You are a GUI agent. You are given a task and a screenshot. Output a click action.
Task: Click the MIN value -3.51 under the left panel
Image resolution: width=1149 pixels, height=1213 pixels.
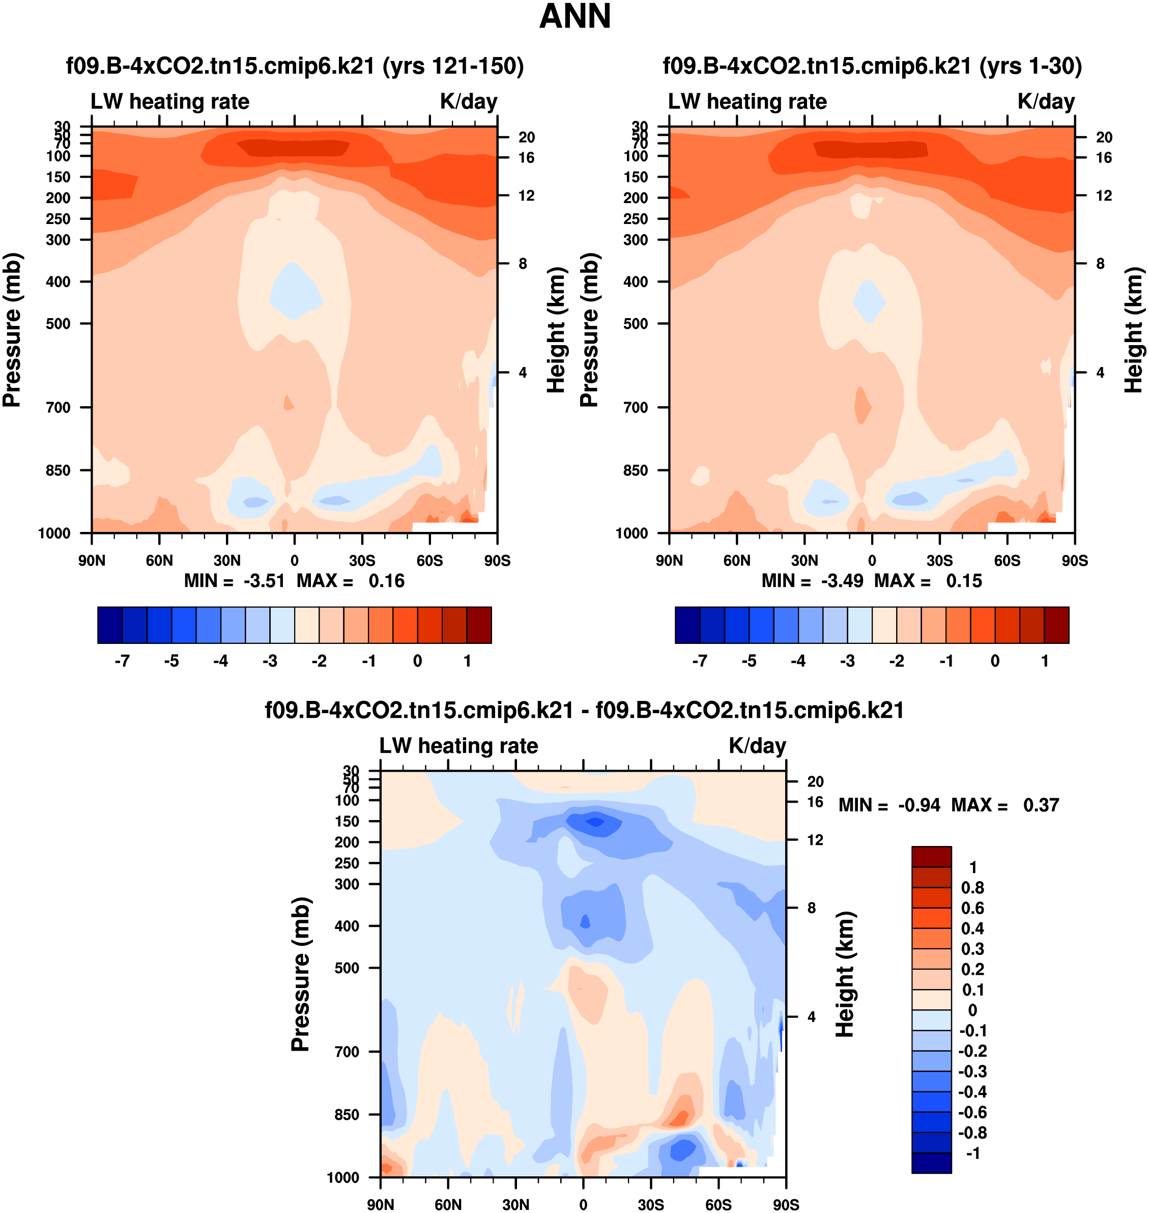tap(264, 581)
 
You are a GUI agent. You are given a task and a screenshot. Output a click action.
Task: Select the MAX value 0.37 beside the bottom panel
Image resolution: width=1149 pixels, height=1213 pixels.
tap(1041, 805)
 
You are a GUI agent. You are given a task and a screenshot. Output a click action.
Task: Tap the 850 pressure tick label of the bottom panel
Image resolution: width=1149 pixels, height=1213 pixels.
tap(347, 1114)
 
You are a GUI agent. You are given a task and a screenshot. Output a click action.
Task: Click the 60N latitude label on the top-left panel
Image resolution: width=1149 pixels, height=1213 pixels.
tap(159, 560)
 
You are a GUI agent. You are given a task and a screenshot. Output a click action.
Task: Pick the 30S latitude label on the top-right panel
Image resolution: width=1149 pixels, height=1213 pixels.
tap(939, 560)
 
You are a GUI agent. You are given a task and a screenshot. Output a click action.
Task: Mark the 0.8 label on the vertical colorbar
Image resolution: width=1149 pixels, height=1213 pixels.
tap(972, 888)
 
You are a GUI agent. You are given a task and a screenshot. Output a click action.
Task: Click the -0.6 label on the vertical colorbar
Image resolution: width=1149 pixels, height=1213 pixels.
tap(972, 1112)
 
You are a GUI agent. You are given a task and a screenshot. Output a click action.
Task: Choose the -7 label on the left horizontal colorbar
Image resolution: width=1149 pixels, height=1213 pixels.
tap(122, 661)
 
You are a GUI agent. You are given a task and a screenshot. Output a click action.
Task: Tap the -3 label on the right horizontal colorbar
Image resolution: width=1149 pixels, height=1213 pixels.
tap(847, 661)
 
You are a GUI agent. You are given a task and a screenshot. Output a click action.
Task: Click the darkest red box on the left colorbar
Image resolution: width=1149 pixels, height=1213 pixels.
tap(479, 625)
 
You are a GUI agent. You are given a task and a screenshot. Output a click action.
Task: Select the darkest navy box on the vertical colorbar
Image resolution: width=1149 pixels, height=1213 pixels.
tap(931, 1162)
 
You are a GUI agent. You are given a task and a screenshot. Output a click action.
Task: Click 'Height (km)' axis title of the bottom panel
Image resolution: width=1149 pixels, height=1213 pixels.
tap(845, 974)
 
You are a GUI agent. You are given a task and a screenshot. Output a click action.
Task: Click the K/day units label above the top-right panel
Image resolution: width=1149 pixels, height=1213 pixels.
tap(1046, 102)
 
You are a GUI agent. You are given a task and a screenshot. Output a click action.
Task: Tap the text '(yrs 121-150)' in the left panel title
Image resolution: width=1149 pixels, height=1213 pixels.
tap(453, 66)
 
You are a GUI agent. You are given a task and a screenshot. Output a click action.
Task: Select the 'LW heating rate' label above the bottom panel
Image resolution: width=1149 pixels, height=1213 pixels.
tap(459, 746)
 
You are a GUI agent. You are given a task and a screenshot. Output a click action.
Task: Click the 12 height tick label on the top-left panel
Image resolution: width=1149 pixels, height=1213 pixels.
tap(527, 195)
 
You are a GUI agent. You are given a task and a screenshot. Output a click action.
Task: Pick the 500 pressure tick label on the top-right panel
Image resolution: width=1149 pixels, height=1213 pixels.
tap(636, 323)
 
